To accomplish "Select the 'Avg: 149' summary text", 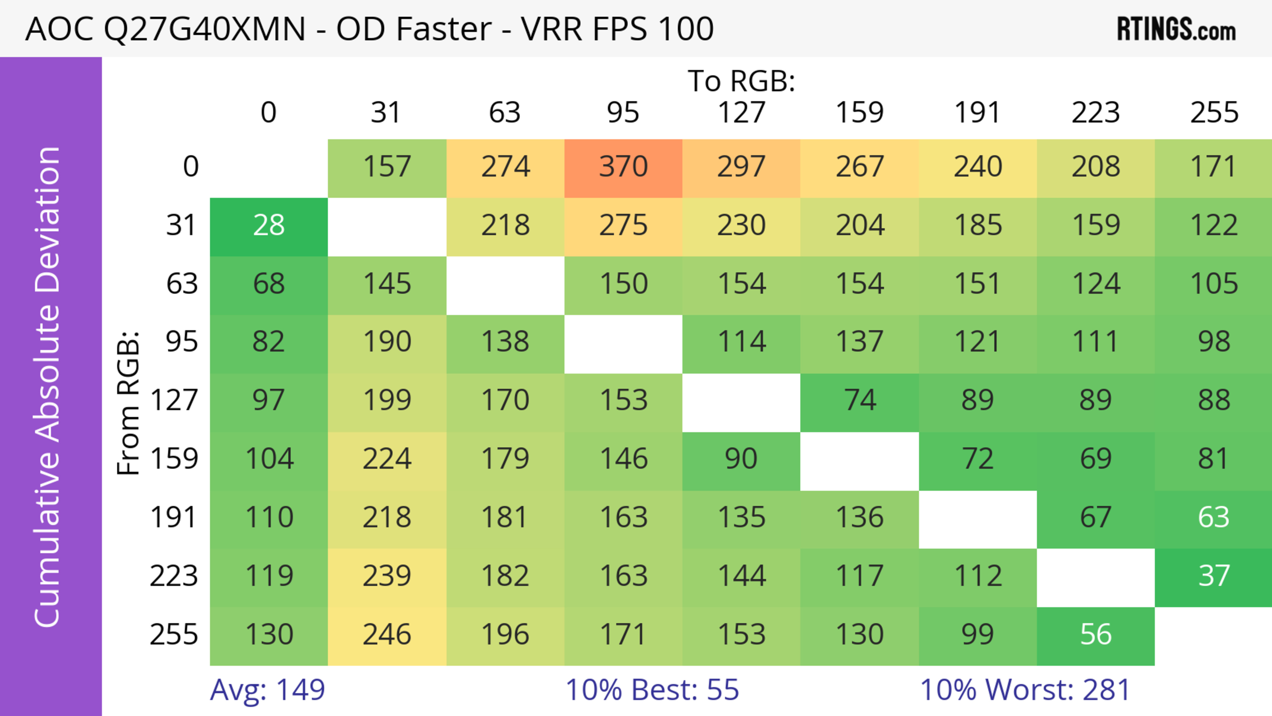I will (267, 690).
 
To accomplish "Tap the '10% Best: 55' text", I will (652, 690).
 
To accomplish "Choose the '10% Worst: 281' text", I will (1025, 690).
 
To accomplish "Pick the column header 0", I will (269, 113).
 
